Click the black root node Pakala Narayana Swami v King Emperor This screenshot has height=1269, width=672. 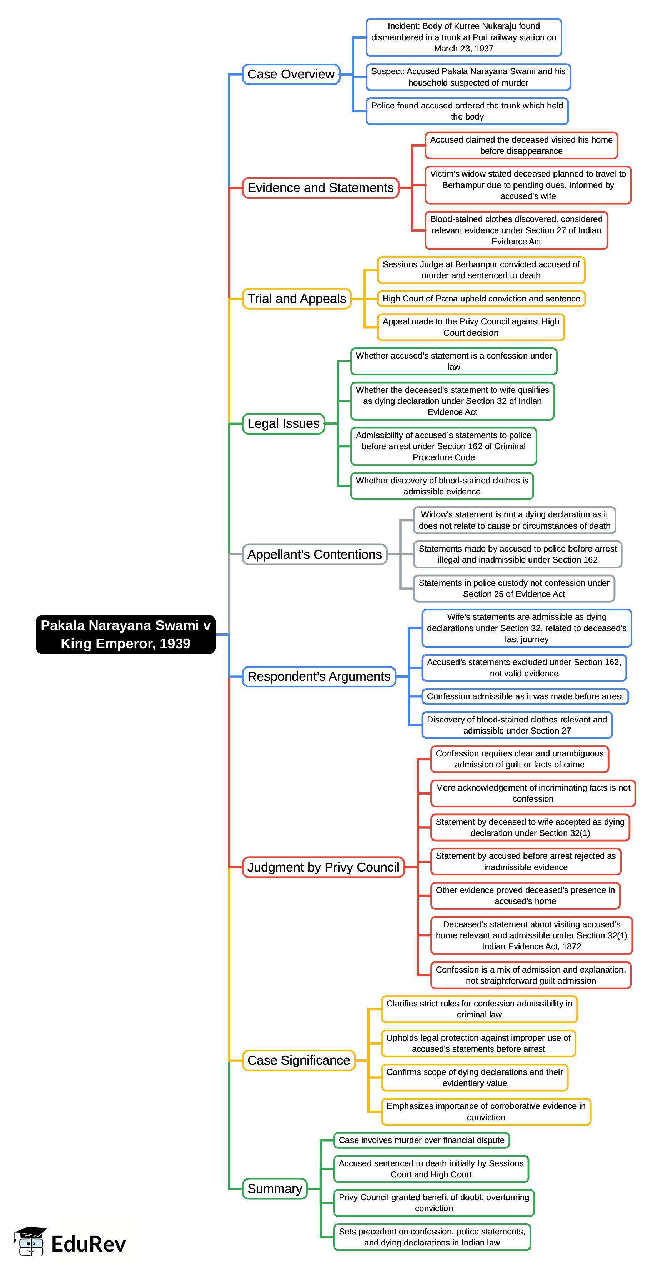point(125,634)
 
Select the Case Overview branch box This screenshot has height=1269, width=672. point(291,75)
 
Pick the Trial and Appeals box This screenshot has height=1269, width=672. point(296,299)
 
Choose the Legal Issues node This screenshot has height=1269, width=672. point(283,424)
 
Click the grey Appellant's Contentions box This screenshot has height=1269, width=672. point(315,554)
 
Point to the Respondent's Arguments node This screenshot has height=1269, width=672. point(319,676)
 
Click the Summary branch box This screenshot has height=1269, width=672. point(275,1189)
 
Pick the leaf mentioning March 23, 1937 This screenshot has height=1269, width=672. point(463,37)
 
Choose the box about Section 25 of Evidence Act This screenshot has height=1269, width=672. point(514,588)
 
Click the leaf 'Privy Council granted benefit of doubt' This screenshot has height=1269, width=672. point(433,1203)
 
